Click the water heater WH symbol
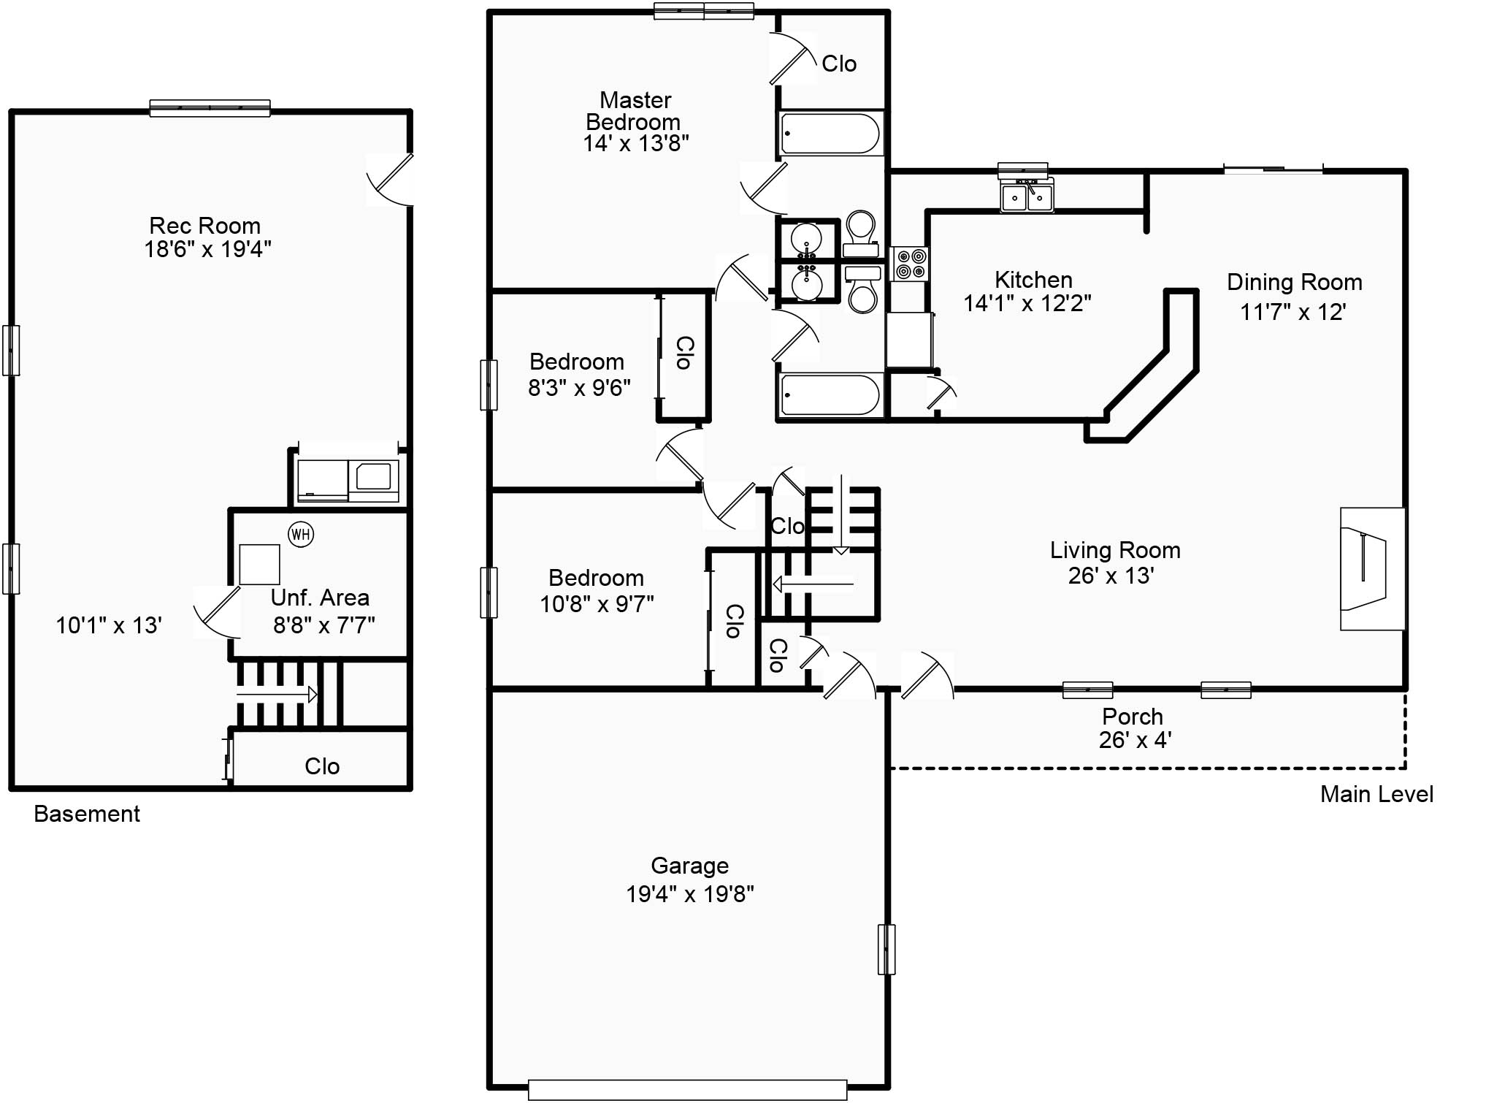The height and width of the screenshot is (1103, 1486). click(x=301, y=534)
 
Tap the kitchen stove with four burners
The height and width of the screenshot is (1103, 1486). click(x=910, y=264)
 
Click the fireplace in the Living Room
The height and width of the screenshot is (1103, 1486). click(x=1372, y=568)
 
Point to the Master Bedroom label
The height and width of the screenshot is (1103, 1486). click(x=634, y=110)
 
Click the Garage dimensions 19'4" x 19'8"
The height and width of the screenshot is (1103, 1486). click(x=689, y=893)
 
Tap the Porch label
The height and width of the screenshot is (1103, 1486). click(x=1133, y=716)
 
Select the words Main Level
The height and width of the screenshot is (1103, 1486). click(x=1376, y=794)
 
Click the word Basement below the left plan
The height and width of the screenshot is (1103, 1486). click(x=87, y=814)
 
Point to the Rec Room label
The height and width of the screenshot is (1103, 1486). click(x=204, y=225)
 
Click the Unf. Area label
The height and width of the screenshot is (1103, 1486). click(x=320, y=598)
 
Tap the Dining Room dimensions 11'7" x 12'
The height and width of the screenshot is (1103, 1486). click(x=1292, y=312)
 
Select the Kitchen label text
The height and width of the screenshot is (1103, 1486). click(x=1033, y=279)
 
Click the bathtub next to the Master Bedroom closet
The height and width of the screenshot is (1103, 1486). click(x=830, y=134)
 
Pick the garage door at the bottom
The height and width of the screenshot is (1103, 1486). click(x=687, y=1090)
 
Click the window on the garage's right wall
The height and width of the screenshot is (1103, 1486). click(x=886, y=950)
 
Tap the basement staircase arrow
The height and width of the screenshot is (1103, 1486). click(x=276, y=694)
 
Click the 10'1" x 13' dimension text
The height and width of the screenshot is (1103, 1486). click(x=109, y=625)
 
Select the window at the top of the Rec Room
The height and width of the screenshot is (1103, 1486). click(x=210, y=108)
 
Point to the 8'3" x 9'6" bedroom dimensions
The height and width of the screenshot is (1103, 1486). click(x=579, y=387)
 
